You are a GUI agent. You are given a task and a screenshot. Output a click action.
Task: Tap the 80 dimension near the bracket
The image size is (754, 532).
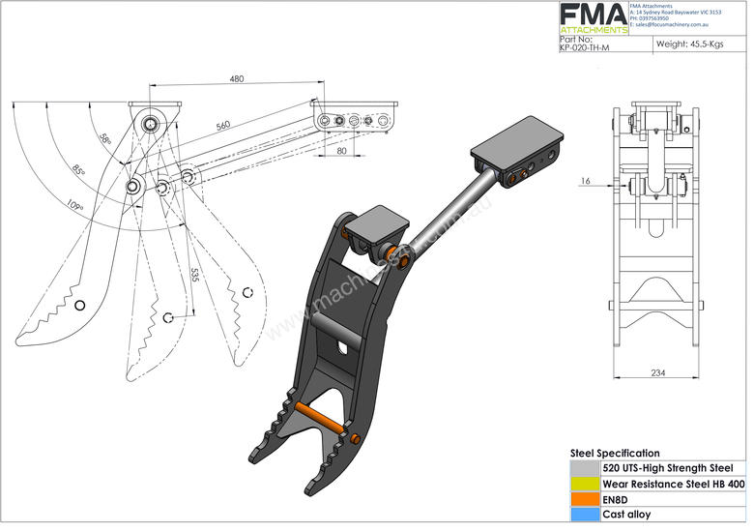342,150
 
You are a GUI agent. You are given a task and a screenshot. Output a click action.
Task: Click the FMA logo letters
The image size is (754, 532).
594,14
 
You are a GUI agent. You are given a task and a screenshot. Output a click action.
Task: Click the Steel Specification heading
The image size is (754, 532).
615,453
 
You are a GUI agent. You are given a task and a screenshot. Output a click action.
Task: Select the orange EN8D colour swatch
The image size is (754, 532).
585,499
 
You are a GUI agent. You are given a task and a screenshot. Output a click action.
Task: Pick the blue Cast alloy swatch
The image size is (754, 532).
585,515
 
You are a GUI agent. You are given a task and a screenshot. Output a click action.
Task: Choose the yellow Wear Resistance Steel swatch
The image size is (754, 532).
585,483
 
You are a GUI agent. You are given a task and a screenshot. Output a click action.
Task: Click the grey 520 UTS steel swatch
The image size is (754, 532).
585,467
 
